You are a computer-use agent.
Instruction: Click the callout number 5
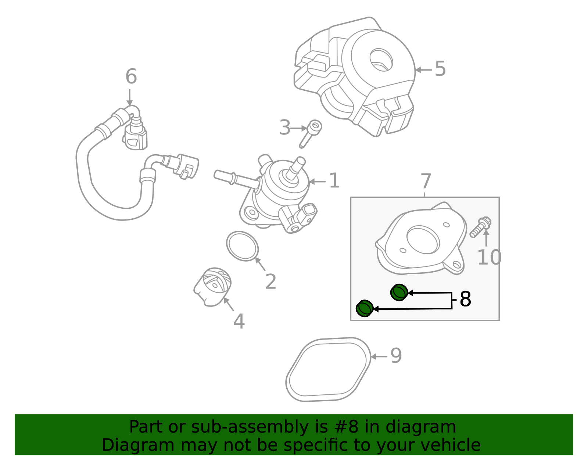point(440,69)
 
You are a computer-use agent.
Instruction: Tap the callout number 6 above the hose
point(131,77)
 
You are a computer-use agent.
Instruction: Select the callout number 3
point(284,128)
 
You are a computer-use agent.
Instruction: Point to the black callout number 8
point(465,300)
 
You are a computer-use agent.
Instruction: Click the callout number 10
point(489,257)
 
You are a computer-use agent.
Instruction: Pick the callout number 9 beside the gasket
point(396,356)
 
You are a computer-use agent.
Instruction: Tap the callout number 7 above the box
point(426,182)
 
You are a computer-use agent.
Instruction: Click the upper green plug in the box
point(399,293)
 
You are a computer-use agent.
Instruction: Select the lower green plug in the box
point(365,308)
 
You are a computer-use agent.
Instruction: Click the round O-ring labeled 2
point(242,246)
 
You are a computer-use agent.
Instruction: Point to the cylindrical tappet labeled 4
point(214,286)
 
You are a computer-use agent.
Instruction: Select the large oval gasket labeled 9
point(328,369)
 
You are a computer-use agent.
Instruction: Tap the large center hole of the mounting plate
point(423,240)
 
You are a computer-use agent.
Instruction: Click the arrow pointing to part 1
point(317,182)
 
